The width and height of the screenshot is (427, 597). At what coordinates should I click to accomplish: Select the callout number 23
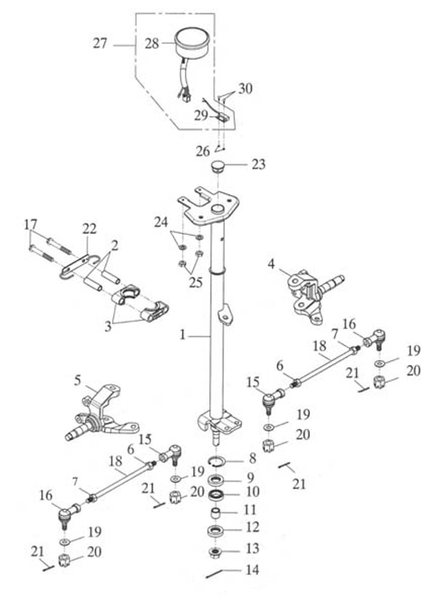click(259, 165)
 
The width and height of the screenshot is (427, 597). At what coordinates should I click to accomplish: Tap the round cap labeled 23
click(219, 168)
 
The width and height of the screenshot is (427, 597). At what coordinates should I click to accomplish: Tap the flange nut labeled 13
click(217, 551)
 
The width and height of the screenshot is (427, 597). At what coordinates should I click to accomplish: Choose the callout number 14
click(252, 569)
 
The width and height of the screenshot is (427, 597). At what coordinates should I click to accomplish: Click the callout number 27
click(100, 45)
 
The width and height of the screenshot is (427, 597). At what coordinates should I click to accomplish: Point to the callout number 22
click(89, 229)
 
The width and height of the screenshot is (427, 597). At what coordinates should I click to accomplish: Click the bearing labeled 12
click(218, 530)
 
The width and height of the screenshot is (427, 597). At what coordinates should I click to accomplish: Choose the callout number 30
click(245, 88)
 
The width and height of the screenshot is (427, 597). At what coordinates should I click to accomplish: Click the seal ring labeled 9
click(218, 478)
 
